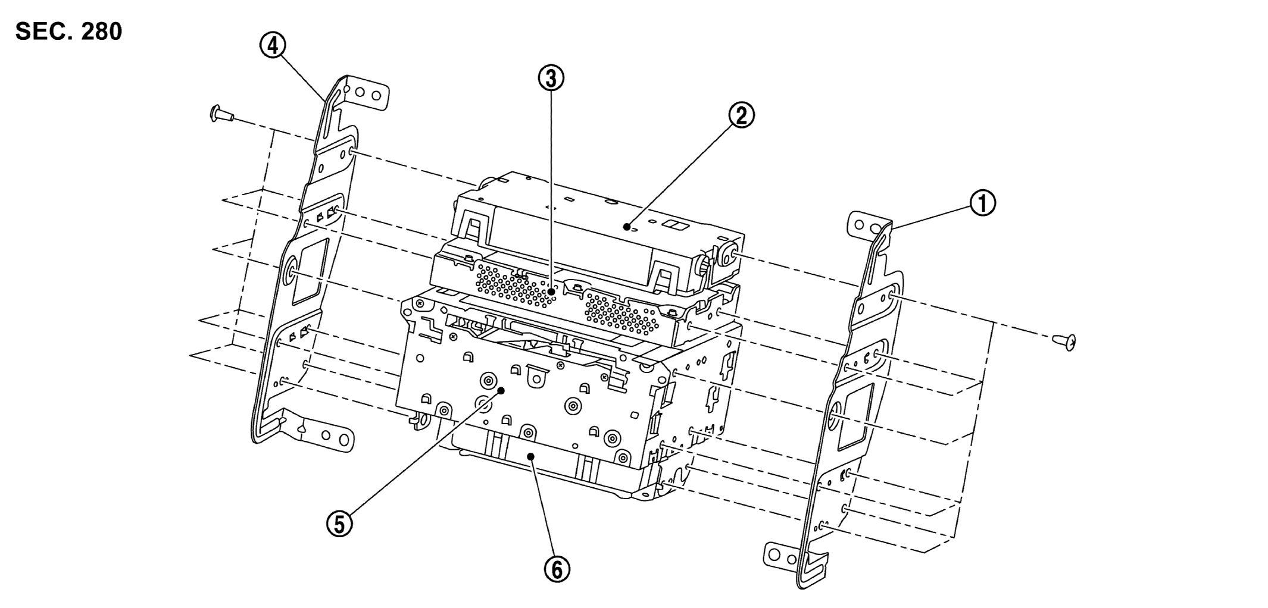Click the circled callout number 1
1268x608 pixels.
tap(983, 204)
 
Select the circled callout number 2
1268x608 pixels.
tap(741, 116)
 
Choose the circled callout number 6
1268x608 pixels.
tap(557, 570)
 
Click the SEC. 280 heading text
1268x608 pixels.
tap(68, 32)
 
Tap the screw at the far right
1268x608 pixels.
tap(1066, 342)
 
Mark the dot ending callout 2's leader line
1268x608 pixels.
tap(627, 227)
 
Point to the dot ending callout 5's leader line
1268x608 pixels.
tap(501, 391)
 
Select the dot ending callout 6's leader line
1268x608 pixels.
tap(532, 456)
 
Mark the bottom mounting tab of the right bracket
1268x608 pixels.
tap(783, 556)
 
